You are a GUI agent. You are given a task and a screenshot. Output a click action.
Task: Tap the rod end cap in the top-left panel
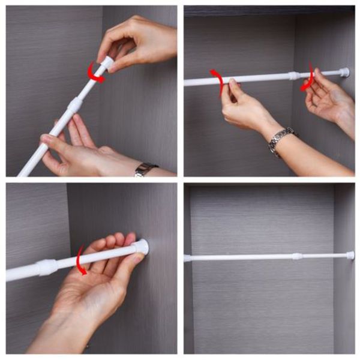[107, 62]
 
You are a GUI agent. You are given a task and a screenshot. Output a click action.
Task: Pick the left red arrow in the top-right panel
[217, 81]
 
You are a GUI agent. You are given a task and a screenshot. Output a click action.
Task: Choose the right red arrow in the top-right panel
[308, 77]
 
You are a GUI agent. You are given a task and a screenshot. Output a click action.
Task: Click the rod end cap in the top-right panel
[344, 72]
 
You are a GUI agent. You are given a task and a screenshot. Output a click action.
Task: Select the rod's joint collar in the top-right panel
[293, 76]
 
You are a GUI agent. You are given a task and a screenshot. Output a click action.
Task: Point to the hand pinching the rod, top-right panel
[243, 105]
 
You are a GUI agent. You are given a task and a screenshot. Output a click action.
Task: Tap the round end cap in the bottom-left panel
[141, 247]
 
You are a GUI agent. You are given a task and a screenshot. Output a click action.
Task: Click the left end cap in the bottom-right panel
[188, 258]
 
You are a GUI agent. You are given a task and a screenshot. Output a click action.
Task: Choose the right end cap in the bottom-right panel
[350, 255]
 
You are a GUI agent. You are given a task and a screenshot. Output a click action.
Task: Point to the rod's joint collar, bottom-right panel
[296, 256]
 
